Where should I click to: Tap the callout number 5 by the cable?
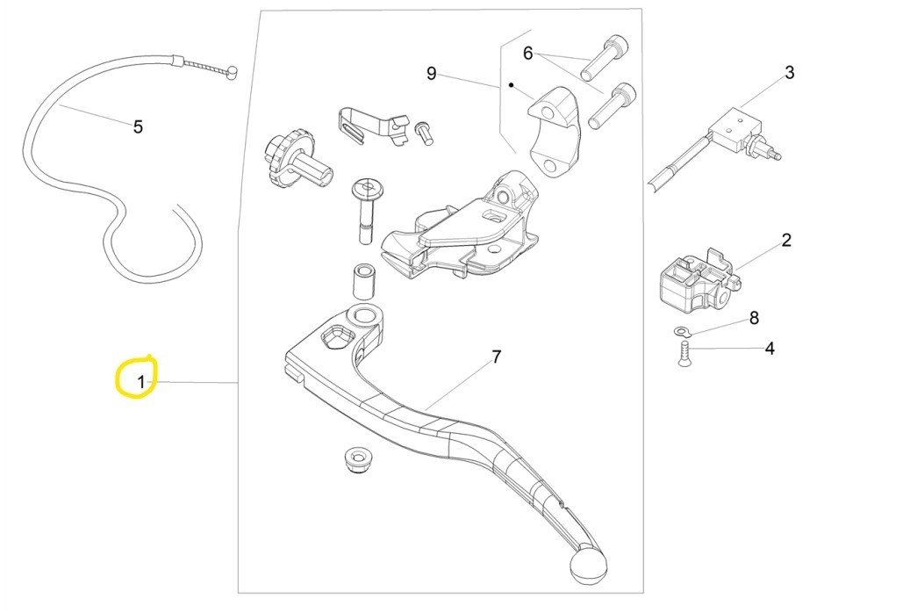(x=138, y=126)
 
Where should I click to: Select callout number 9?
(x=431, y=74)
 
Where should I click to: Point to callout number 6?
(x=527, y=54)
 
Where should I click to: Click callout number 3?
(x=789, y=72)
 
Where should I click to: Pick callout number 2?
(x=786, y=240)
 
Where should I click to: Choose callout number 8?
(x=753, y=318)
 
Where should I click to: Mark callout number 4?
(x=769, y=349)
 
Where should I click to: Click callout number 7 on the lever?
(x=496, y=357)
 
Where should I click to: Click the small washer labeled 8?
(x=681, y=331)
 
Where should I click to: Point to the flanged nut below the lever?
(x=355, y=457)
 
